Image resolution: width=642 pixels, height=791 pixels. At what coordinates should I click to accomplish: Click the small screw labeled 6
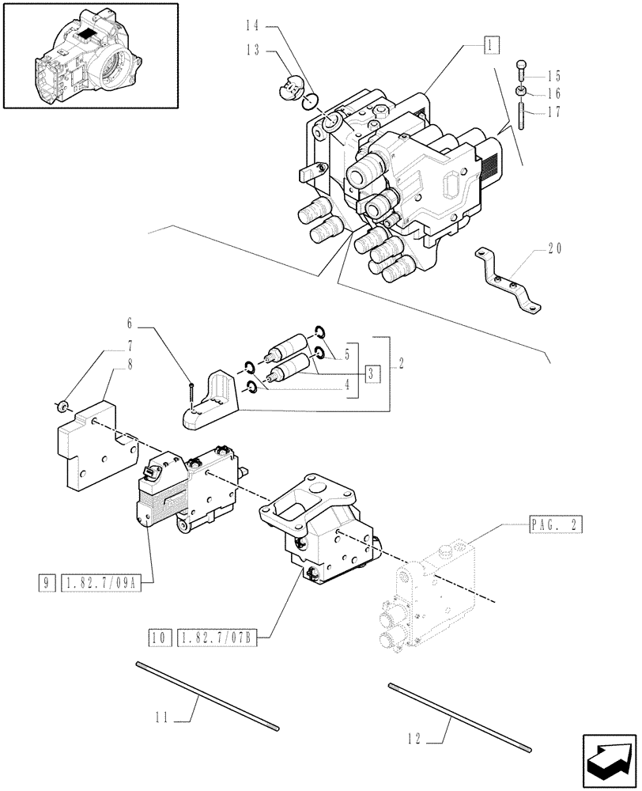click(192, 396)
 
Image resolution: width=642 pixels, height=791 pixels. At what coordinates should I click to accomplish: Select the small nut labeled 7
click(59, 407)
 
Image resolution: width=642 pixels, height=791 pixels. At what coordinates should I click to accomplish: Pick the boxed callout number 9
click(48, 586)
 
